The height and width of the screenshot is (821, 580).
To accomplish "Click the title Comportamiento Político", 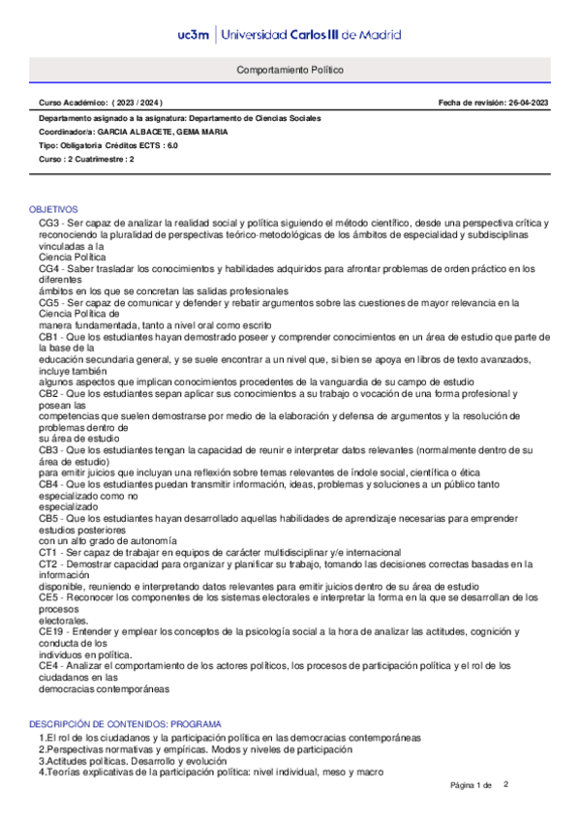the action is [290, 71].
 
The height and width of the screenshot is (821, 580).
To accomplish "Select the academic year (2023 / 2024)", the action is [137, 102].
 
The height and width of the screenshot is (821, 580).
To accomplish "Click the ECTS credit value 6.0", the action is [171, 144].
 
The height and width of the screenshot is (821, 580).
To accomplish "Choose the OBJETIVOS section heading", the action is [53, 210].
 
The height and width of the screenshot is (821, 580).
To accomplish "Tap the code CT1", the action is [49, 552].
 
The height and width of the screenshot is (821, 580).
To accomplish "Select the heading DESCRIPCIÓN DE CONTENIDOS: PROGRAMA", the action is [125, 724].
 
